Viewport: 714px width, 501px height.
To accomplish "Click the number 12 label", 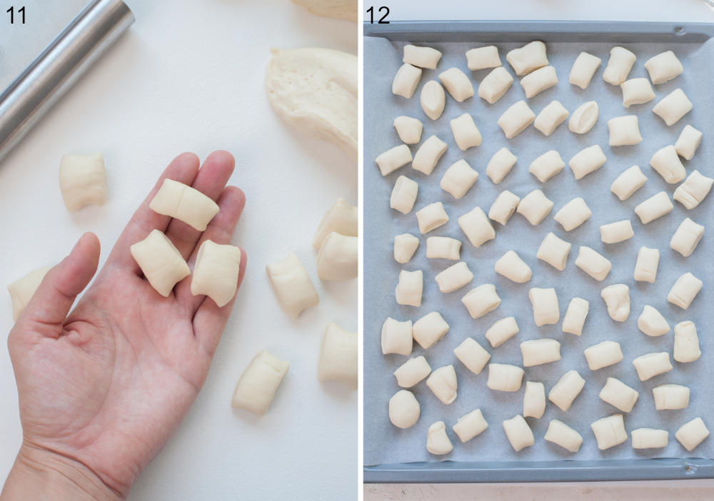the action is [x=378, y=15].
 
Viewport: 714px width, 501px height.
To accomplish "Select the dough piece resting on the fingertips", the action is [x=184, y=204].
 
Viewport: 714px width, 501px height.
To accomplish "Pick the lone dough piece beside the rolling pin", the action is [x=82, y=181].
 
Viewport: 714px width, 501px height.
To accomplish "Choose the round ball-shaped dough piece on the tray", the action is [x=404, y=409].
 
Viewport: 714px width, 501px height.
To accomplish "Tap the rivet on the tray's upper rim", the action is [x=680, y=31].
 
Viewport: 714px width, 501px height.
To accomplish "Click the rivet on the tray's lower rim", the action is [x=690, y=467].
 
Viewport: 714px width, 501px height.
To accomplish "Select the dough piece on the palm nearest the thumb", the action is [x=159, y=263].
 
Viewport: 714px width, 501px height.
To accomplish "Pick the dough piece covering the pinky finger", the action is [x=216, y=273].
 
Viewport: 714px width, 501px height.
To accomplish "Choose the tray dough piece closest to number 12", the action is [x=422, y=56].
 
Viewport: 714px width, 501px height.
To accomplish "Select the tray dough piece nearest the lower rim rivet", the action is [x=692, y=434].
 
